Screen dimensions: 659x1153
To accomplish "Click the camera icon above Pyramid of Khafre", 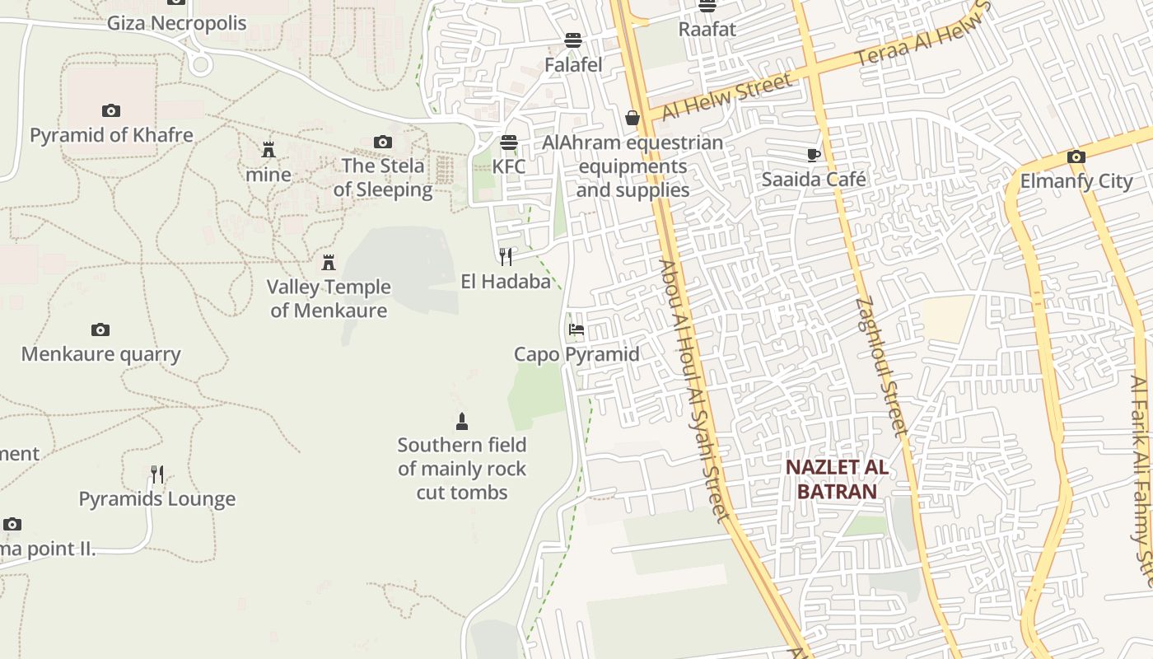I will point(111,110).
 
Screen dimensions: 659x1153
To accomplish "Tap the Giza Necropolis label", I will point(176,23).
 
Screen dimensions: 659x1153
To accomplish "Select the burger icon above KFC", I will point(509,142).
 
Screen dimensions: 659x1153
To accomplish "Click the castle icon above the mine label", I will point(268,150).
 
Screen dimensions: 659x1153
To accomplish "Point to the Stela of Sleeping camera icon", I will point(383,142).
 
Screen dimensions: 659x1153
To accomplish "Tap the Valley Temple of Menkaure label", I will point(329,298).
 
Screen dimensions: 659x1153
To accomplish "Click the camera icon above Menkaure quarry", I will point(100,329).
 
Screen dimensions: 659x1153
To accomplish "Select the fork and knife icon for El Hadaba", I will point(506,257).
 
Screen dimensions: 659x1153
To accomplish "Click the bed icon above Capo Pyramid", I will point(576,329).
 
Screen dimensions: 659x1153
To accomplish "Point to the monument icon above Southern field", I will point(462,421).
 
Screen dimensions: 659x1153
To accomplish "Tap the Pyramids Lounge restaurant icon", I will point(157,474).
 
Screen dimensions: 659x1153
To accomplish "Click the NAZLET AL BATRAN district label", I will point(836,479).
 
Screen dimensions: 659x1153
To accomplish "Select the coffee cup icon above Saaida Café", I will point(814,155).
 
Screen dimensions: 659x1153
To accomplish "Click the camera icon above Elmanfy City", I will point(1076,157).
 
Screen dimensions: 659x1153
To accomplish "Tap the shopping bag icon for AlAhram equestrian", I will point(633,118).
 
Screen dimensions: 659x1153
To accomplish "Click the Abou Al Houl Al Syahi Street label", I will point(694,391).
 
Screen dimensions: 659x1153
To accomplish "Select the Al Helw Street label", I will point(726,96).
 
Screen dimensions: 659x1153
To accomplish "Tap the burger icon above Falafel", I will point(573,40).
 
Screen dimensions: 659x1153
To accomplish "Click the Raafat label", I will point(707,29).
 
